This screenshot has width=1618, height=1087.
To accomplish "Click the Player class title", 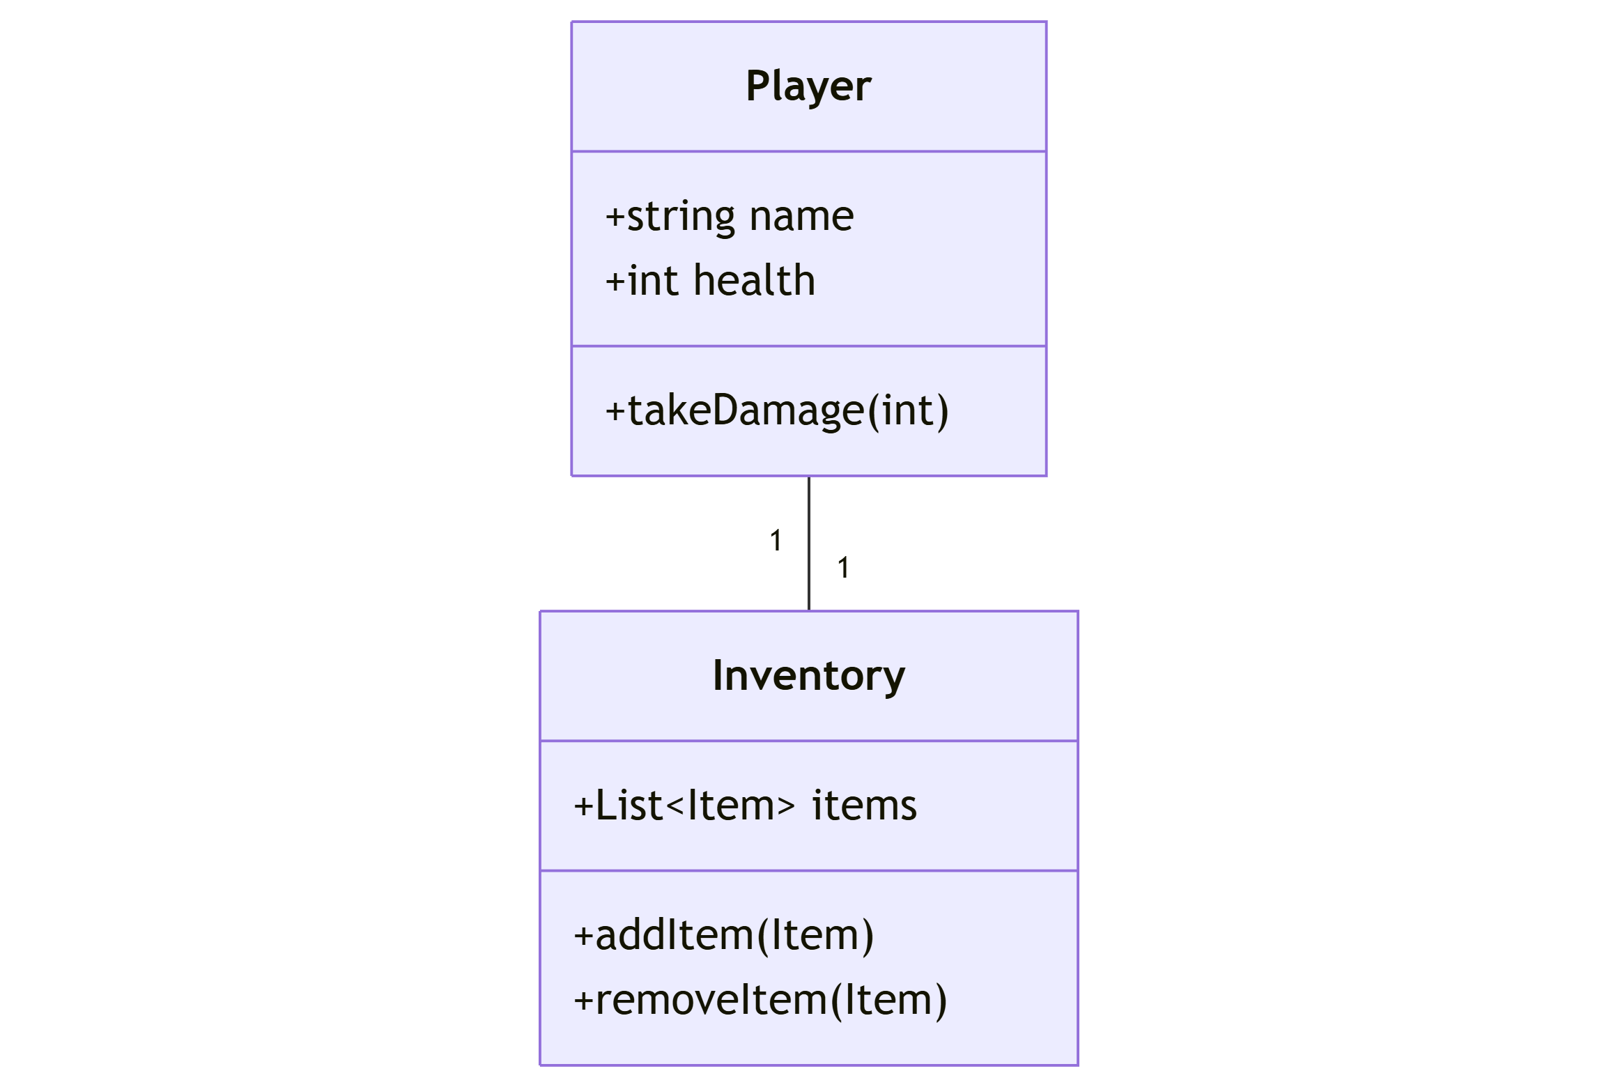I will pyautogui.click(x=808, y=86).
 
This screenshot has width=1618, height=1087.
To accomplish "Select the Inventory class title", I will pyautogui.click(x=808, y=676).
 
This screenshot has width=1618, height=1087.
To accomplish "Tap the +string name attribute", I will pyautogui.click(x=730, y=216).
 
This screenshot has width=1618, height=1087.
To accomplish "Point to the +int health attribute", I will pyautogui.click(x=710, y=281).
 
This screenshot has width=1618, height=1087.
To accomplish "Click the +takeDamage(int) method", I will pyautogui.click(x=777, y=410).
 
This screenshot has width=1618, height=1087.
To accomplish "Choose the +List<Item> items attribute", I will pyautogui.click(x=745, y=805).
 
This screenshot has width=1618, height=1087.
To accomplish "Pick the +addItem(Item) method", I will pyautogui.click(x=723, y=935).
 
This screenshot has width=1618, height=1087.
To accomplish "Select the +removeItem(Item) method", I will pyautogui.click(x=760, y=1000).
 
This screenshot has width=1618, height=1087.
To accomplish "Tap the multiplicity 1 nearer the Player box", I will pyautogui.click(x=776, y=541).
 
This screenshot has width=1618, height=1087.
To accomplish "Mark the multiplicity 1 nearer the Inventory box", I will pyautogui.click(x=843, y=568).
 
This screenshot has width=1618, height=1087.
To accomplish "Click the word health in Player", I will pyautogui.click(x=755, y=281).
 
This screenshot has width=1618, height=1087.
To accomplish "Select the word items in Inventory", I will pyautogui.click(x=864, y=805).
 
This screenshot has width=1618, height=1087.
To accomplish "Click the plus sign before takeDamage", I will pyautogui.click(x=615, y=411).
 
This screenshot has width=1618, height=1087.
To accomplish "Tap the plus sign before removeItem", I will pyautogui.click(x=583, y=1001).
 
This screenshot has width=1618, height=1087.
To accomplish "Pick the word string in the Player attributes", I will pyautogui.click(x=681, y=217).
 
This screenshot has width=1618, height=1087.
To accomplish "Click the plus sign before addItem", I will pyautogui.click(x=583, y=936).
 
